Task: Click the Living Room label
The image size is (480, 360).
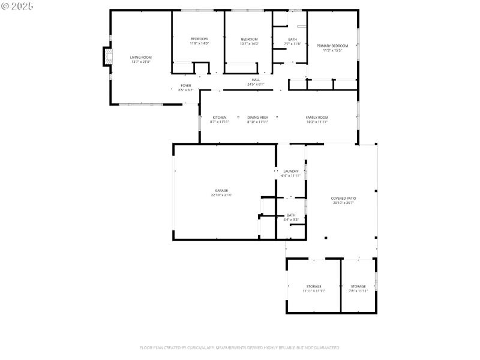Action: [x=140, y=57]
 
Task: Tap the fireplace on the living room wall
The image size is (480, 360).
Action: [x=106, y=58]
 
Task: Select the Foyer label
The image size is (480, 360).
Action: [x=186, y=86]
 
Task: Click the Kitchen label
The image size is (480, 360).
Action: [x=219, y=117]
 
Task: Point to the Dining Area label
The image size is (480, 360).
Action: [x=257, y=117]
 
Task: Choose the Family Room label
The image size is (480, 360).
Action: [x=317, y=117]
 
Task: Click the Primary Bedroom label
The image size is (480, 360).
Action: [x=332, y=46]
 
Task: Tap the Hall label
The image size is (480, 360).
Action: [x=256, y=80]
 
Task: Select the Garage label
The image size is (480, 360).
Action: [x=221, y=190]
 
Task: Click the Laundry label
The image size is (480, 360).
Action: [x=290, y=171]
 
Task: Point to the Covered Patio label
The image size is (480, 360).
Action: [x=343, y=198]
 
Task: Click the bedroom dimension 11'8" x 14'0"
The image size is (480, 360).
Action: [x=199, y=44]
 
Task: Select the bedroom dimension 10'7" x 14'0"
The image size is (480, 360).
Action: [x=249, y=44]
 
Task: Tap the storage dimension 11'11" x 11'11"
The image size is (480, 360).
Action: [x=314, y=291]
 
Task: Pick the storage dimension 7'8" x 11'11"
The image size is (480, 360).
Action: [x=358, y=291]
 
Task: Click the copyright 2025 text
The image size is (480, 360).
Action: [x=18, y=6]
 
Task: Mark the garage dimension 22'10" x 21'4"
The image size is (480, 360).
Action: [x=221, y=195]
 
